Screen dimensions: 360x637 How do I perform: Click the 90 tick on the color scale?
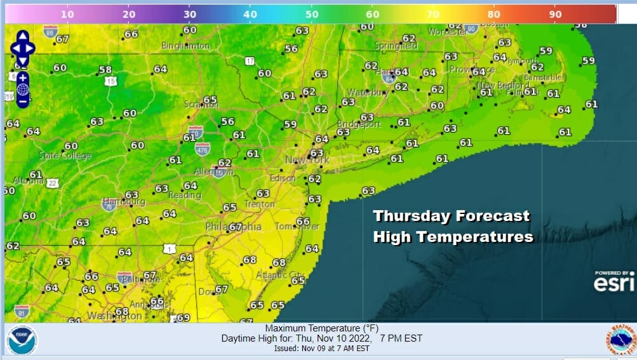pyautogui.click(x=554, y=13)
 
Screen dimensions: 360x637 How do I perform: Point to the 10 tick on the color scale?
pyautogui.click(x=67, y=13)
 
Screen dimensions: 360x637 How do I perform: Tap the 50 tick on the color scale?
pyautogui.click(x=311, y=13)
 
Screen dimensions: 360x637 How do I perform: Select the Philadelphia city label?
pyautogui.click(x=233, y=227)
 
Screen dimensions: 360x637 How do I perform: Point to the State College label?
pyautogui.click(x=65, y=156)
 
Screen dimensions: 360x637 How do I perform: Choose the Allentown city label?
pyautogui.click(x=213, y=172)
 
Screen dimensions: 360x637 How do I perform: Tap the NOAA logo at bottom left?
pyautogui.click(x=22, y=340)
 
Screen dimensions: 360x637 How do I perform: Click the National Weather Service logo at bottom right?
pyautogui.click(x=620, y=340)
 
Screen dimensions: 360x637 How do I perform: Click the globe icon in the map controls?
pyautogui.click(x=23, y=89)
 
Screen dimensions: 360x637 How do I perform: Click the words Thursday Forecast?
pyautogui.click(x=451, y=216)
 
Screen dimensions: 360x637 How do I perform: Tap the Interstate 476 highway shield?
pyautogui.click(x=203, y=148)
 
